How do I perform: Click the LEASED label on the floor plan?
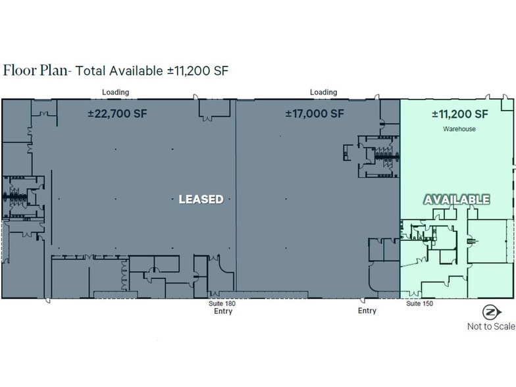[201, 199]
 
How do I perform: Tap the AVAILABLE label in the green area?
[456, 199]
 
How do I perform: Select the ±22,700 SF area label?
[117, 113]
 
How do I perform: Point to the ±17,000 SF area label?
[315, 113]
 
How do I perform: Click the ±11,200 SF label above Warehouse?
[459, 113]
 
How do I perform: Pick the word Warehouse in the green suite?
[459, 129]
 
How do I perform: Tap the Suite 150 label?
[419, 303]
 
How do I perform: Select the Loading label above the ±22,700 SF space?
[115, 92]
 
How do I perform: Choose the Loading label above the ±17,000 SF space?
[323, 92]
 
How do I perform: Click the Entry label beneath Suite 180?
[222, 311]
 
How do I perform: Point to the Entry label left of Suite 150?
[367, 311]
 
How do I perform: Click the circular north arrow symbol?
[490, 312]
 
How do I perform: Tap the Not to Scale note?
[491, 326]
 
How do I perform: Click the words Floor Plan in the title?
[35, 70]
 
